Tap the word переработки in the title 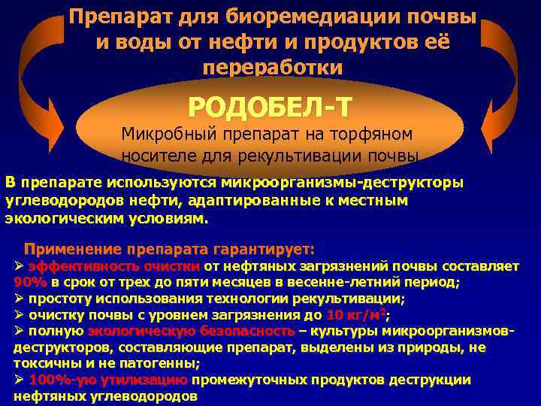(x=272, y=66)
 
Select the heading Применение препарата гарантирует (x=170, y=249)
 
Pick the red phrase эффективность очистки (x=114, y=266)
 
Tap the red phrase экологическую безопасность (x=192, y=331)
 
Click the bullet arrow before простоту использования (x=20, y=298)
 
